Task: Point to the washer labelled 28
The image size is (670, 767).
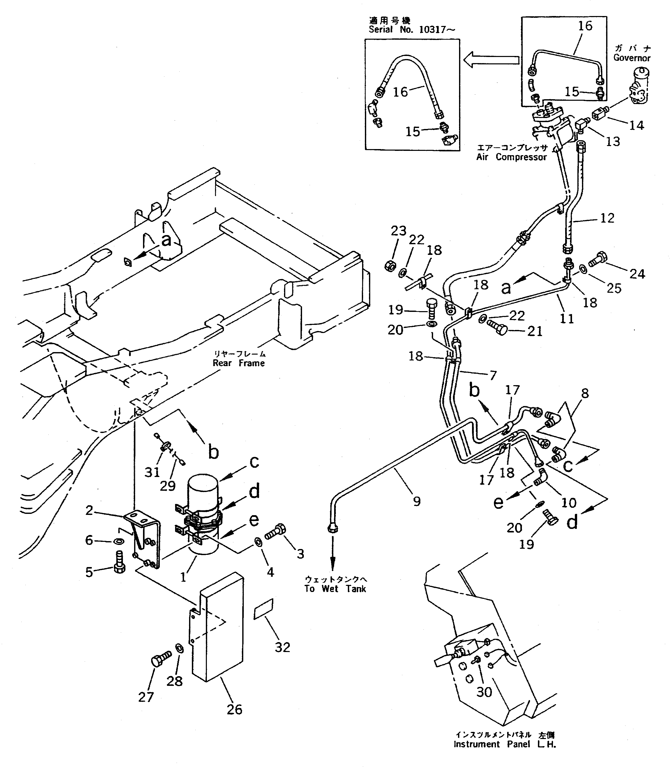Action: point(179,648)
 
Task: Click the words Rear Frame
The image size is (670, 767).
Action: point(238,363)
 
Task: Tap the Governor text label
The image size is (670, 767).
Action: point(632,58)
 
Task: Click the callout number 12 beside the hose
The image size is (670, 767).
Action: point(607,218)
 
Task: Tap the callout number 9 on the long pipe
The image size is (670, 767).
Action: point(417,501)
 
